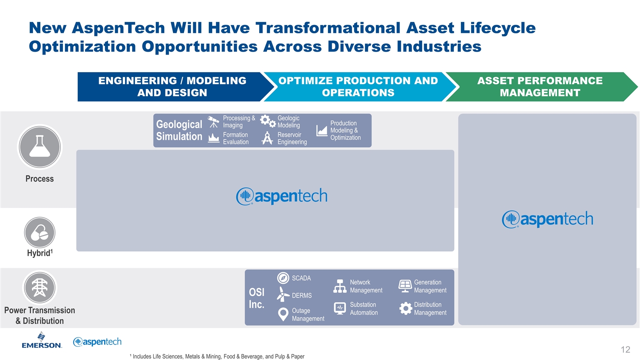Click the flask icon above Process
pos(40,147)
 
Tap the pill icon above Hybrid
pos(40,232)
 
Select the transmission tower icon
pos(40,287)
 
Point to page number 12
pos(625,350)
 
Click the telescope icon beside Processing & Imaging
pos(213,122)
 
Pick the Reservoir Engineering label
pos(292,138)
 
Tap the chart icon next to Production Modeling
pos(322,130)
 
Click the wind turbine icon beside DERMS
pos(283,294)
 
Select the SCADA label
pos(301,278)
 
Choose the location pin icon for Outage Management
pos(283,314)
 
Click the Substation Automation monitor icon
pos(340,308)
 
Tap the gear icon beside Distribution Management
pos(405,308)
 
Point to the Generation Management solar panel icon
pos(405,286)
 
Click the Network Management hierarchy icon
pos(340,286)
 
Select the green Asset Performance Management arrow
pos(541,87)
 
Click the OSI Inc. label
pos(257,298)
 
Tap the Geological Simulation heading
pos(179,130)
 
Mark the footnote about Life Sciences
pos(217,356)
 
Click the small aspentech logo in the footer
pos(97,342)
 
